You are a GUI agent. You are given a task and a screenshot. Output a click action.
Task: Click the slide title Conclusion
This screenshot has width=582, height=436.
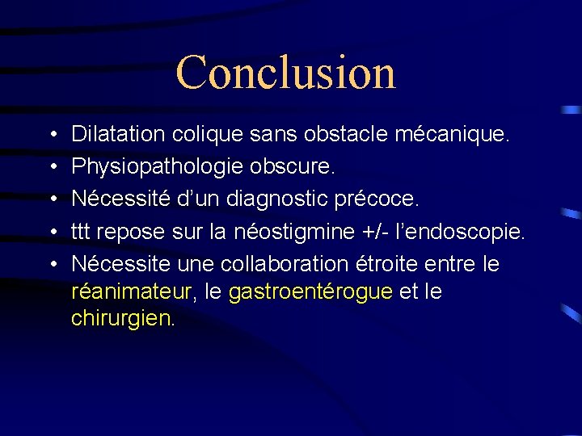click(x=286, y=72)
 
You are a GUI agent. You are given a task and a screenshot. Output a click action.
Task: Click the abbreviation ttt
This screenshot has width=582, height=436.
click(x=81, y=233)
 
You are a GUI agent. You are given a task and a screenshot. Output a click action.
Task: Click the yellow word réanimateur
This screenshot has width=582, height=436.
click(x=133, y=291)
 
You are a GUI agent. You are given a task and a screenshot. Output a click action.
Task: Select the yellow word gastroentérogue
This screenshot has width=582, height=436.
click(x=311, y=291)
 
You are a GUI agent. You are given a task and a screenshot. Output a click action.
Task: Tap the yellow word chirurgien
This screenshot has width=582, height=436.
click(x=122, y=319)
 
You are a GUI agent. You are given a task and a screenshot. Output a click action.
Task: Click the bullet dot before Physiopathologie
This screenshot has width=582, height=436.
click(x=51, y=167)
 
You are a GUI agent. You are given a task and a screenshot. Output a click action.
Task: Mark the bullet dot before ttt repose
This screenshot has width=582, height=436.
click(x=51, y=233)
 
